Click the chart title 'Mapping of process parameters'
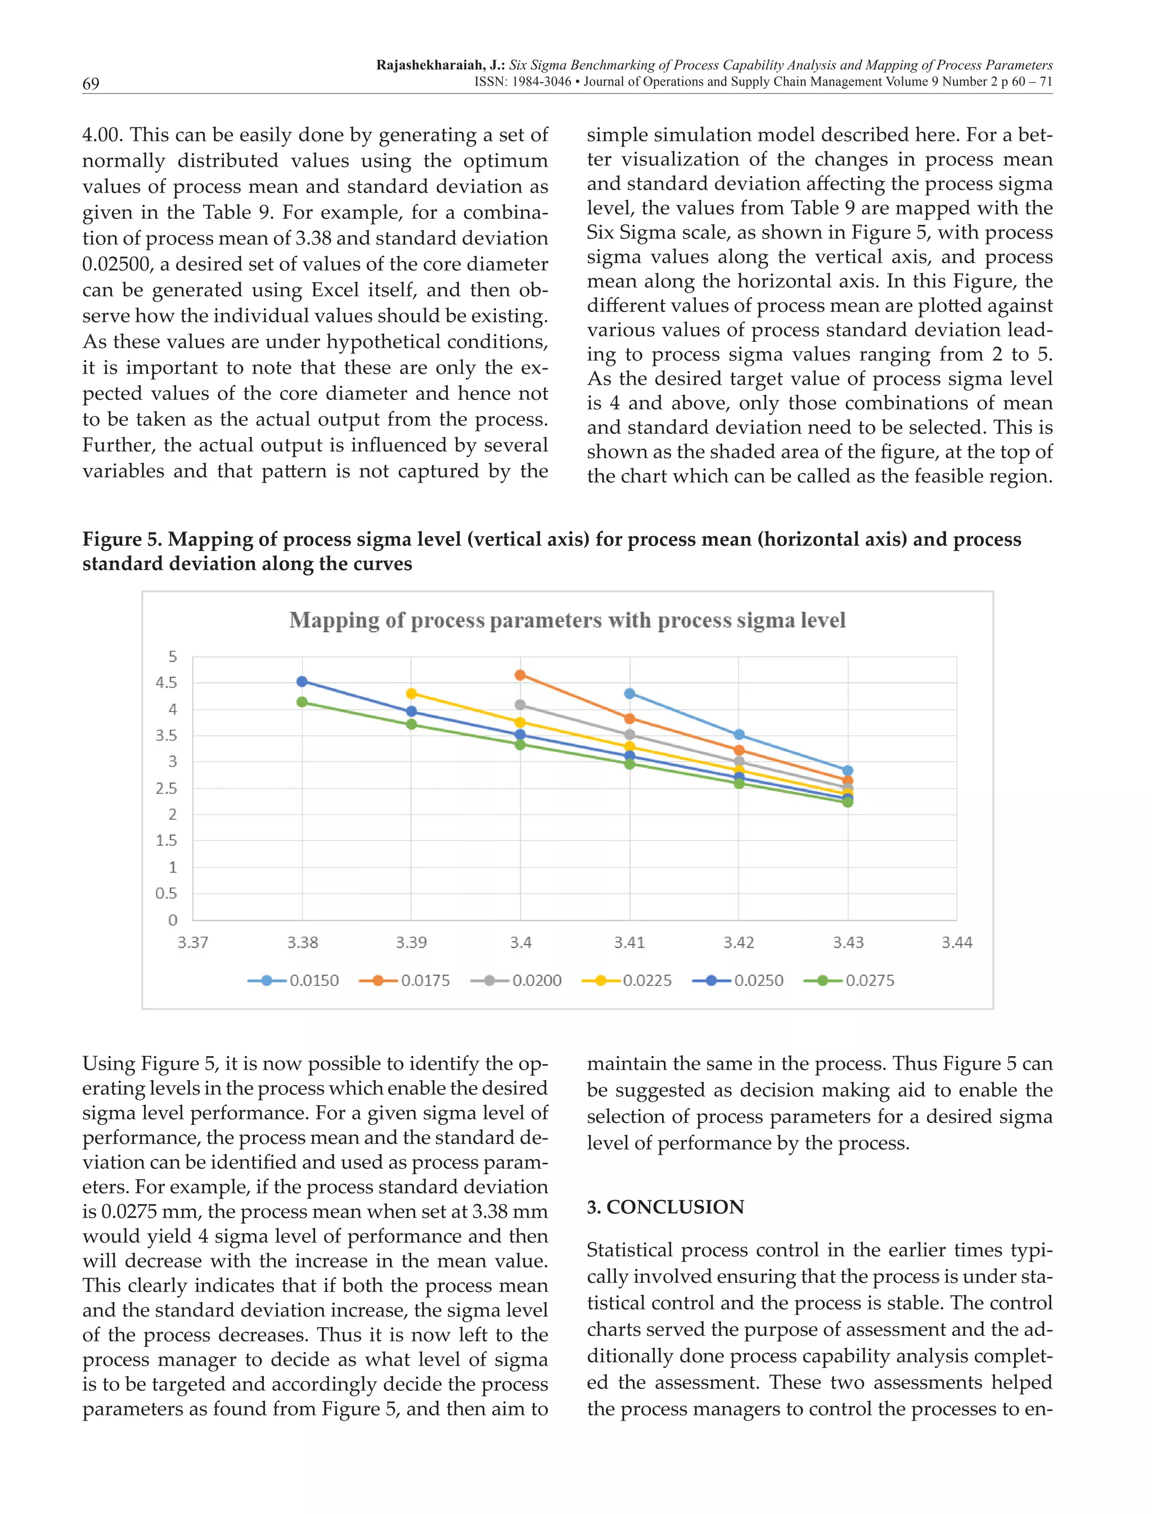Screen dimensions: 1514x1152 coord(567,620)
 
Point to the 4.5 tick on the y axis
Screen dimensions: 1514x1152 coord(166,683)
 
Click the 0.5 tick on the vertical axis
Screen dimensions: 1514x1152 coord(166,894)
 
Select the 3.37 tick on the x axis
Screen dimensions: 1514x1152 coord(193,943)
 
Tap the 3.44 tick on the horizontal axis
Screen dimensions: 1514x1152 coord(957,943)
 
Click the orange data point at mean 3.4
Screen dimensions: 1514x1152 coord(520,675)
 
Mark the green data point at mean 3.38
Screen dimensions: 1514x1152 coord(301,702)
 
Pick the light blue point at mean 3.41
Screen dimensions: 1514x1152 coord(629,694)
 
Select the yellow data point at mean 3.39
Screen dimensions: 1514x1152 coord(411,694)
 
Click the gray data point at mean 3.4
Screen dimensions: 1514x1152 coord(520,705)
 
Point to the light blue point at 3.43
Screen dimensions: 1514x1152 coord(848,770)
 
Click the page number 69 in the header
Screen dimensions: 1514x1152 coord(91,84)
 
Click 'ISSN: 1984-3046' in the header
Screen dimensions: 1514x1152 coord(522,82)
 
